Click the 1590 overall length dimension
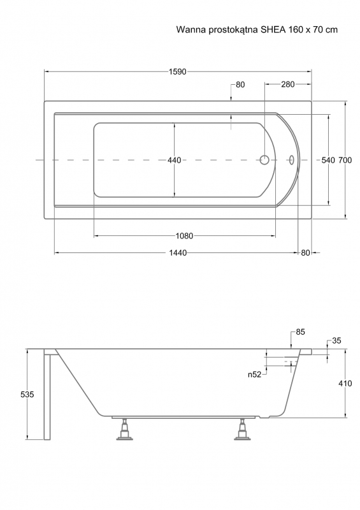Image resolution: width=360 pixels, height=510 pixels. pyautogui.click(x=177, y=71)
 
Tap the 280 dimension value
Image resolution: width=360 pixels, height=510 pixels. pyautogui.click(x=287, y=85)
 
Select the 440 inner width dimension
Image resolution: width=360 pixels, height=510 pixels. pyautogui.click(x=175, y=160)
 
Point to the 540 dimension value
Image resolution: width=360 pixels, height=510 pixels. pyautogui.click(x=328, y=160)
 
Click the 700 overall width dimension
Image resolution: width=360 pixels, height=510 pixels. pyautogui.click(x=345, y=160)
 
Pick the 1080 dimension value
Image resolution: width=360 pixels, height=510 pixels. pyautogui.click(x=184, y=236)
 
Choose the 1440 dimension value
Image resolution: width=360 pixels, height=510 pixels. pyautogui.click(x=178, y=252)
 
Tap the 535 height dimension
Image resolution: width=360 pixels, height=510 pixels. pyautogui.click(x=27, y=395)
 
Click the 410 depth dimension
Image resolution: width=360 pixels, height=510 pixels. pyautogui.click(x=345, y=384)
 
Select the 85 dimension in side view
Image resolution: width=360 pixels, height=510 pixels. pyautogui.click(x=300, y=332)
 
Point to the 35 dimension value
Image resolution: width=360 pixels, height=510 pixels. pyautogui.click(x=336, y=340)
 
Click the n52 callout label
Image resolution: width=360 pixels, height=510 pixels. pyautogui.click(x=255, y=375)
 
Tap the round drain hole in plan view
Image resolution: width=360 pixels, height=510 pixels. pyautogui.click(x=264, y=160)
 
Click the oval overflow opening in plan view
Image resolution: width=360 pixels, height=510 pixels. pyautogui.click(x=291, y=160)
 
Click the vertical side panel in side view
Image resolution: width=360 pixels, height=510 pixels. pyautogui.click(x=48, y=396)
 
